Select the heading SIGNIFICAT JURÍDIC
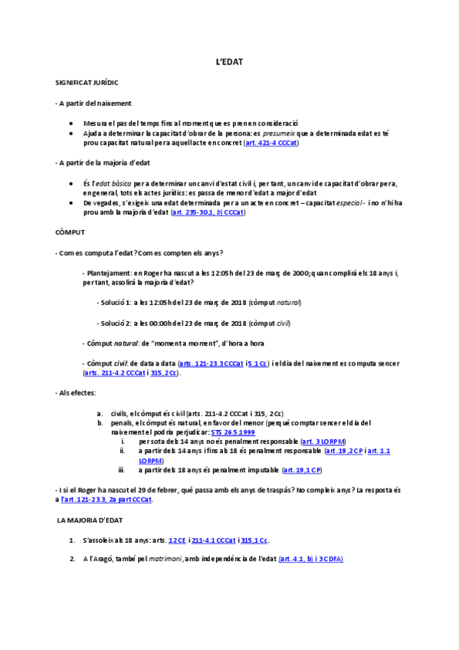click(x=87, y=81)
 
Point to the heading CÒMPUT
click(x=70, y=231)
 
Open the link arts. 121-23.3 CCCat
click(x=211, y=363)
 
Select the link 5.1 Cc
click(x=258, y=363)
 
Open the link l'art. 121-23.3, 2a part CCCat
click(x=107, y=500)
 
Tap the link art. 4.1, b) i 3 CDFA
click(x=310, y=559)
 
